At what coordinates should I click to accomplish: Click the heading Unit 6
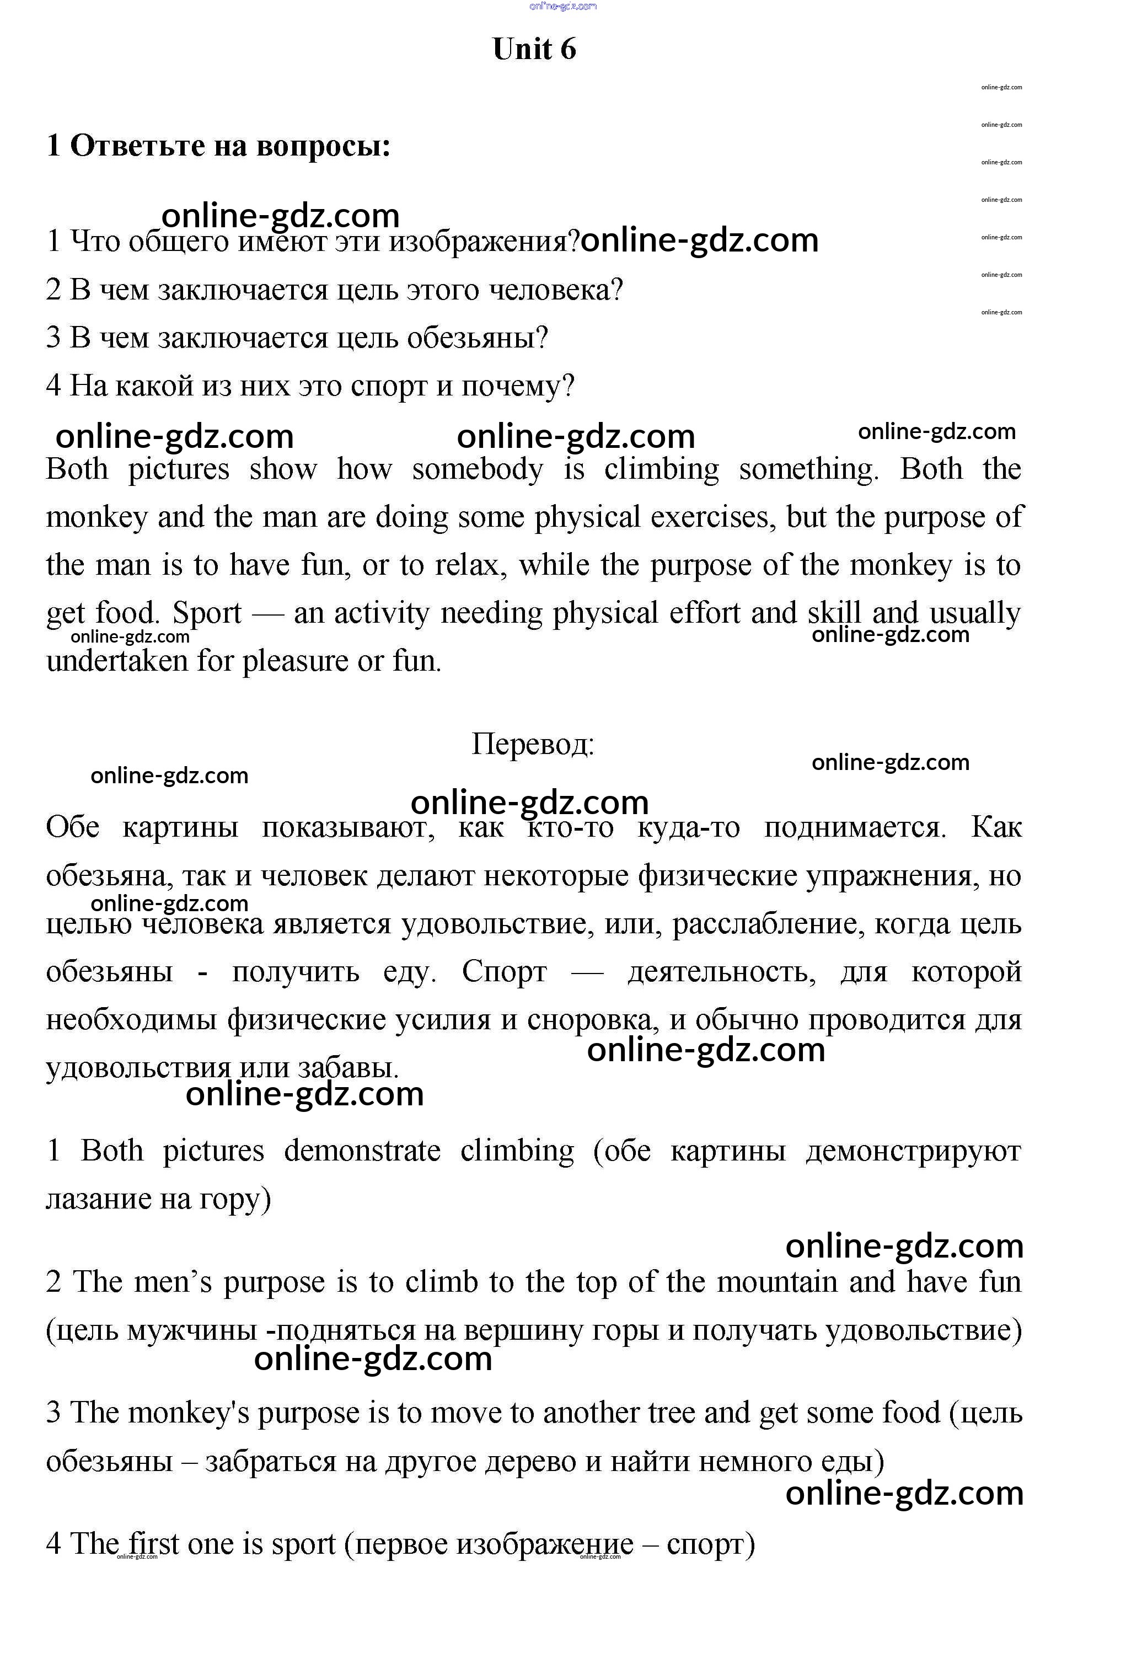pos(534,49)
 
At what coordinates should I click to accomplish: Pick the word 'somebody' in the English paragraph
pos(477,469)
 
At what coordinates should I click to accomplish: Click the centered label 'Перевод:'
pos(533,744)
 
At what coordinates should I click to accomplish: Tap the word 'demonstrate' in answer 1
pos(362,1151)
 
